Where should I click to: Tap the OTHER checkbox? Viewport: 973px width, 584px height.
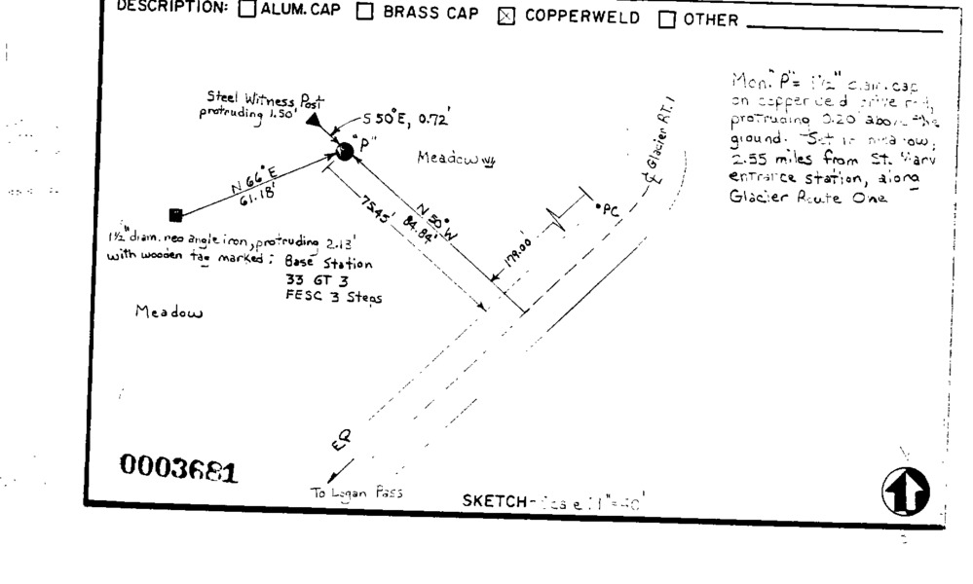pos(667,19)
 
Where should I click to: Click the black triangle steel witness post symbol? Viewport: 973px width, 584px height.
pos(313,120)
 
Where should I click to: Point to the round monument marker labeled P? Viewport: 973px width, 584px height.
pos(344,151)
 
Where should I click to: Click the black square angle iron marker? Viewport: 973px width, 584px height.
pos(175,214)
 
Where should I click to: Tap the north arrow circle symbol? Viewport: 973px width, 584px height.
pos(905,491)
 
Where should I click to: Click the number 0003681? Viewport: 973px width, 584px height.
pos(178,470)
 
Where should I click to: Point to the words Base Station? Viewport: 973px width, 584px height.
pos(327,263)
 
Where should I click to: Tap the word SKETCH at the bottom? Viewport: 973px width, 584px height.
pos(495,502)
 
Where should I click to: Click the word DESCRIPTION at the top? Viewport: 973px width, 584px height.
pos(172,7)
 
